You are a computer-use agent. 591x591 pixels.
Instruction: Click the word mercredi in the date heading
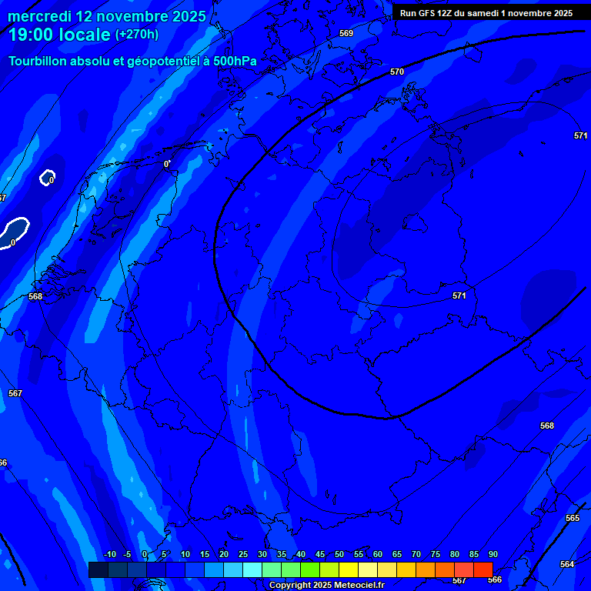[39, 17]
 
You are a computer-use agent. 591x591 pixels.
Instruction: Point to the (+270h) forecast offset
[137, 35]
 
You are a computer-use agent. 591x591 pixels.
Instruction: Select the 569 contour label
[346, 33]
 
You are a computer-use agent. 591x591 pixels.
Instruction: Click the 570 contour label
[397, 72]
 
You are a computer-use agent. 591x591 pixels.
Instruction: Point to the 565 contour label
[573, 518]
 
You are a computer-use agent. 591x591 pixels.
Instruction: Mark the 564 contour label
[567, 564]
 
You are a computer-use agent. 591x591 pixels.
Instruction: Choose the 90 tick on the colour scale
[492, 555]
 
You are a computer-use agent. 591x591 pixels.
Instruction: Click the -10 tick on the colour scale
[109, 555]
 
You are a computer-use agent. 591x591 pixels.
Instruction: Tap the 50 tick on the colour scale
[339, 555]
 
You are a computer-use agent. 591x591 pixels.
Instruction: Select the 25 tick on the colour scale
[243, 555]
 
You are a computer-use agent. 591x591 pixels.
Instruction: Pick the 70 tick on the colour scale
[416, 555]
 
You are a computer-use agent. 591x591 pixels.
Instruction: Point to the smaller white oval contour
[48, 178]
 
